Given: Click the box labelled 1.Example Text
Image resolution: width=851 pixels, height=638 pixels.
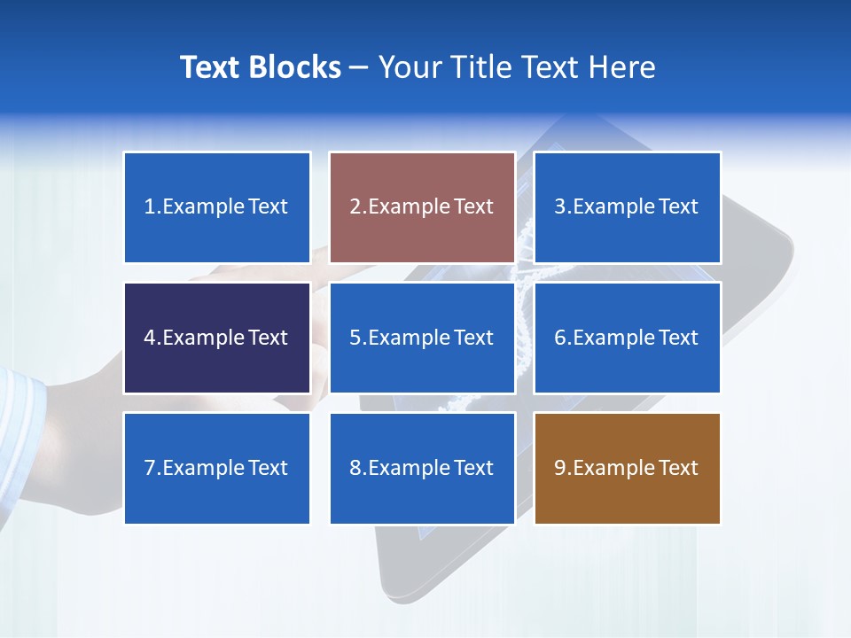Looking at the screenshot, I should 217,207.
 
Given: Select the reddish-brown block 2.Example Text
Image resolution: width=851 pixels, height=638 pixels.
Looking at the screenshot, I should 422,207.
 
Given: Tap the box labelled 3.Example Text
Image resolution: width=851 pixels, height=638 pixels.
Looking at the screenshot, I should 627,207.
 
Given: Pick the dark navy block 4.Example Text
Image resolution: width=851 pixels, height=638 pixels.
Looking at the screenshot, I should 217,338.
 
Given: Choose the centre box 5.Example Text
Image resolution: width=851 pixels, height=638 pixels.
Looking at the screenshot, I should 422,338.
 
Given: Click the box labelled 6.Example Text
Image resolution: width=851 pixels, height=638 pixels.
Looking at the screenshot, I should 627,338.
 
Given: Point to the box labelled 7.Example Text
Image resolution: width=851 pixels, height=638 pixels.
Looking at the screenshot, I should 217,468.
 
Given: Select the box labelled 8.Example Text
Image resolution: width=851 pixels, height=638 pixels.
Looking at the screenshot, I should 422,468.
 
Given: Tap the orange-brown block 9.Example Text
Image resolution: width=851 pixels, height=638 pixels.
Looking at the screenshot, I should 627,468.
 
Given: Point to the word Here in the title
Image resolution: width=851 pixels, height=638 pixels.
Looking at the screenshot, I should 624,67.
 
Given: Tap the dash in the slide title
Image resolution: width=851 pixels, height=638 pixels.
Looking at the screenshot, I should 360,67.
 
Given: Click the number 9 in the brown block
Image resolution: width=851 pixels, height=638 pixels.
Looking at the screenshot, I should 559,468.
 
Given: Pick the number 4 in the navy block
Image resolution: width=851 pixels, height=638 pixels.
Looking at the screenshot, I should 150,338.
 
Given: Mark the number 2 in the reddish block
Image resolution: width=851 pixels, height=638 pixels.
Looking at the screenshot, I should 355,207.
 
